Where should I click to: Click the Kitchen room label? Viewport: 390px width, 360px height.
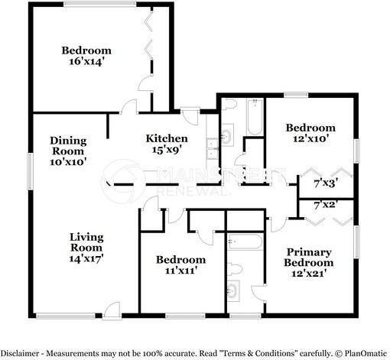point(167,138)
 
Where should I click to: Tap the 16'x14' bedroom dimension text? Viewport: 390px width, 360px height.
point(86,61)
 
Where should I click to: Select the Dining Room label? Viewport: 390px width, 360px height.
point(68,146)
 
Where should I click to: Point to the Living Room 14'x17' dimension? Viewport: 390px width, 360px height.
point(86,258)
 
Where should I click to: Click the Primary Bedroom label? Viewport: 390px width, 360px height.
point(309,258)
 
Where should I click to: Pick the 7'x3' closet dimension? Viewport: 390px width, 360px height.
point(326,183)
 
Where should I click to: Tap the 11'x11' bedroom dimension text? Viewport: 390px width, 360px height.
point(180,271)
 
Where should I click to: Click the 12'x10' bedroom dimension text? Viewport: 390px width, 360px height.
point(310,139)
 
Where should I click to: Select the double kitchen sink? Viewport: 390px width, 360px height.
point(213,149)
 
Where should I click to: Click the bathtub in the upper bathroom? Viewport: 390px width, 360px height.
point(255,117)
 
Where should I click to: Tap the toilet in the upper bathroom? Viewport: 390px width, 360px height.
point(229,104)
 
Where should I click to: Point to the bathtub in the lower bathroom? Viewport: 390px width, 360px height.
point(245,242)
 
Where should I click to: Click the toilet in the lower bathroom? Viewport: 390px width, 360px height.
point(235,269)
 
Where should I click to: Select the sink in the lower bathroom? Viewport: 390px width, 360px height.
point(233,290)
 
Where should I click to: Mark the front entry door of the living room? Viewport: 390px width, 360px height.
point(112,310)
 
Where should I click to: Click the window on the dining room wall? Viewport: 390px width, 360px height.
point(31,171)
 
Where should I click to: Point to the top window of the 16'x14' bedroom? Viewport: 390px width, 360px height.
point(99,4)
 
